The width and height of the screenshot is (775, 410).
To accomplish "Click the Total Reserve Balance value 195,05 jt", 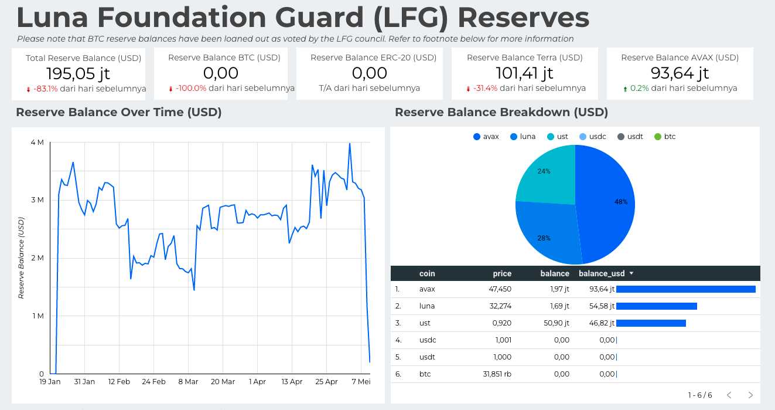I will (x=78, y=73).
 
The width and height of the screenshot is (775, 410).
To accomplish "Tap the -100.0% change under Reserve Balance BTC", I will (x=191, y=89).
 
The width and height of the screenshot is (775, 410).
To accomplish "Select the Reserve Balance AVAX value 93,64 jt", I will (x=680, y=73).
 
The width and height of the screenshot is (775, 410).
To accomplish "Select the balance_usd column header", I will (x=602, y=273).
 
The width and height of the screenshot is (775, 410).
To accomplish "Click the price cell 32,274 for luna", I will (x=499, y=306).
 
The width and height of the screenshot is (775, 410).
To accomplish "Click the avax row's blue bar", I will (x=685, y=289).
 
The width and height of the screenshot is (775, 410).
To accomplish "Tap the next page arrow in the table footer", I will (x=750, y=395).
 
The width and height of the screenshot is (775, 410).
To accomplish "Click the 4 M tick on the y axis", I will (x=37, y=143).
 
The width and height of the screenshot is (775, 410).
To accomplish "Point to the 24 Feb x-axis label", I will (x=153, y=382).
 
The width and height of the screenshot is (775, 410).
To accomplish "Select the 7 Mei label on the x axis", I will (x=361, y=382).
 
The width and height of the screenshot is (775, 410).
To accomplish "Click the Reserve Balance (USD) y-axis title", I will (x=22, y=258).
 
